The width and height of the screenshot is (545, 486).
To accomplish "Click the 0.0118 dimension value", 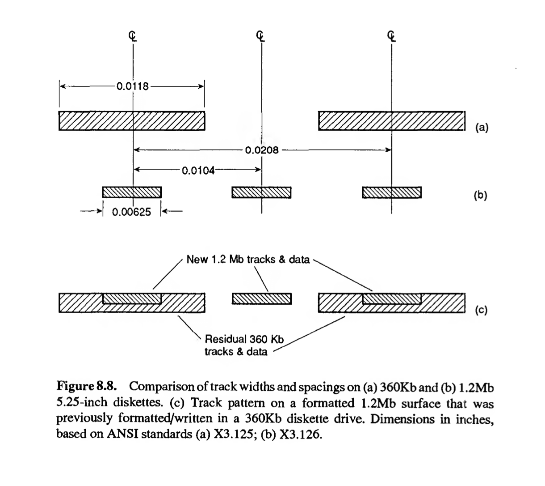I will point(132,86).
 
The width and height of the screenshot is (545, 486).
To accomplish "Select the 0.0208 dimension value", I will point(262,150).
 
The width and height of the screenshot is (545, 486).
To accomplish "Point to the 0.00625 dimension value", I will point(131,212).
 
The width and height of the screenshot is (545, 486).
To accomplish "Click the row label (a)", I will point(482,127).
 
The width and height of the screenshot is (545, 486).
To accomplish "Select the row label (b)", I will point(481,195).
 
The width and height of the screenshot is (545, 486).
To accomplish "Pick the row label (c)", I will point(481,309).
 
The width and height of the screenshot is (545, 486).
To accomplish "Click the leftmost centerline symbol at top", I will point(133,36).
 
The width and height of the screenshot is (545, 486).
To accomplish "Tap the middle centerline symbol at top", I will point(262,36).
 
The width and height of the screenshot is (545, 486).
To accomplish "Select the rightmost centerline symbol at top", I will point(391,36).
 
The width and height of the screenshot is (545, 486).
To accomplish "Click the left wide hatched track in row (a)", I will point(132,121).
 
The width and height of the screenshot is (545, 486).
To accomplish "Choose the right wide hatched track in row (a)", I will point(392,121).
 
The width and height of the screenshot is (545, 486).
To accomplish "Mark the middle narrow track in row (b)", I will point(262,192).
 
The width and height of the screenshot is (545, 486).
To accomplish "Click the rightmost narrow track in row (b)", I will point(391,192).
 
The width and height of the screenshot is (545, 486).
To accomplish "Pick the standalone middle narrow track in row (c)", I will point(262,298).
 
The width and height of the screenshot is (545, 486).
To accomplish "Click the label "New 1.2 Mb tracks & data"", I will point(248,260).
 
